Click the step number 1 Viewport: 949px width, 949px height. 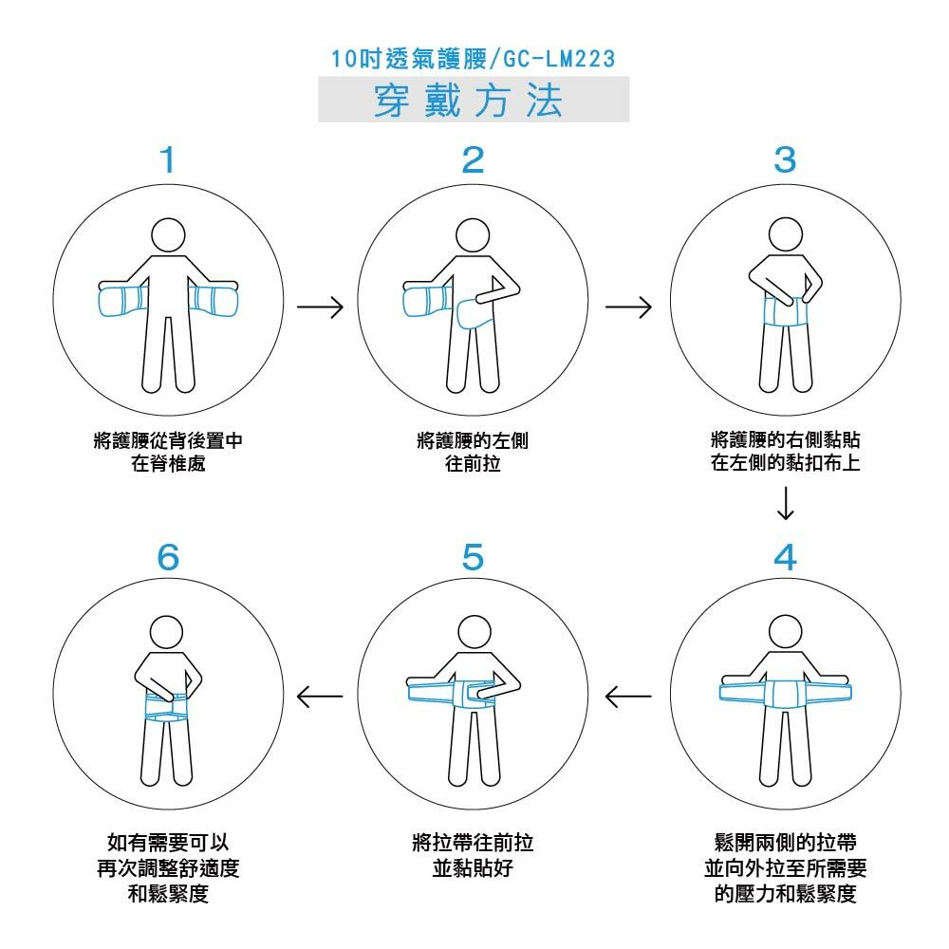pos(168,160)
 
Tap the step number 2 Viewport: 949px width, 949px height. pos(473,160)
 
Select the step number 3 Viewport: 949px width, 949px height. pos(784,160)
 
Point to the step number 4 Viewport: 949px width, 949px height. pos(785,558)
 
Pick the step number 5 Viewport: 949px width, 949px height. pos(474,558)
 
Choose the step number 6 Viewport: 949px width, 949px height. pos(168,558)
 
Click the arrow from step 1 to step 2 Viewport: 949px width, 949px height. pos(320,307)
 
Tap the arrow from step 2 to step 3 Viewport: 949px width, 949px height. pos(628,307)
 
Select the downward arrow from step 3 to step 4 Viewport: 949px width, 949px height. pos(785,503)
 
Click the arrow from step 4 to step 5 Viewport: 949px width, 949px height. pos(628,698)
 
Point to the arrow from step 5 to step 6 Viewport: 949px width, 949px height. pos(320,698)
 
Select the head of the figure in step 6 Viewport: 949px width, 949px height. pos(168,630)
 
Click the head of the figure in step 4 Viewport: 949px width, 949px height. pos(784,630)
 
